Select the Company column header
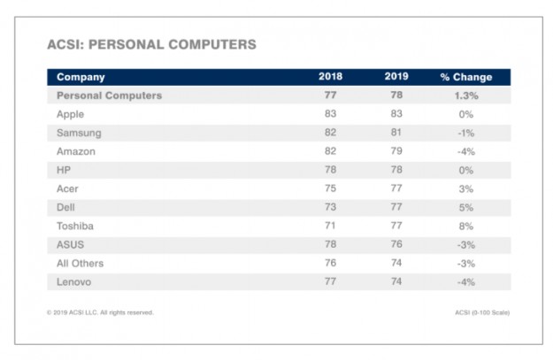(x=81, y=77)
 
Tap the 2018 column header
(x=330, y=77)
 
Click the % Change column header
(x=465, y=77)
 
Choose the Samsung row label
(x=78, y=133)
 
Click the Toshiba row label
(x=75, y=226)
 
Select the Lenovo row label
(x=75, y=281)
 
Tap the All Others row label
(x=80, y=263)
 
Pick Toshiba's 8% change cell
(x=465, y=226)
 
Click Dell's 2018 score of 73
(x=330, y=207)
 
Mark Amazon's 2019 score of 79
(x=396, y=151)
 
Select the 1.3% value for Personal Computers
(x=465, y=96)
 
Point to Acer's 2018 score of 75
(x=330, y=188)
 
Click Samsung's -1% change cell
(x=465, y=133)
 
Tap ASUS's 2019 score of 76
(x=396, y=244)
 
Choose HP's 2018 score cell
(x=330, y=170)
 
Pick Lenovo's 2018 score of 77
(x=330, y=281)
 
